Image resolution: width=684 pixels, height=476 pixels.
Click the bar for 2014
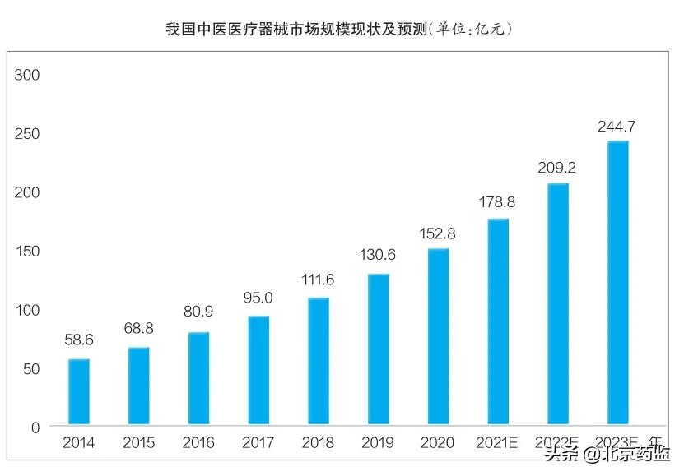[79, 392]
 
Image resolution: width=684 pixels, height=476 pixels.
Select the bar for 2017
[258, 371]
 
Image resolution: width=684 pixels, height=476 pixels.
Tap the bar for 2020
[438, 337]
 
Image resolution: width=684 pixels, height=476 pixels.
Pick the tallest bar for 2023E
[617, 284]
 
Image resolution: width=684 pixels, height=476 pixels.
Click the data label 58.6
[79, 339]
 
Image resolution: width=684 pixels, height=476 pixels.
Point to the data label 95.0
[258, 298]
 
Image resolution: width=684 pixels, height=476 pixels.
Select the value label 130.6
[378, 255]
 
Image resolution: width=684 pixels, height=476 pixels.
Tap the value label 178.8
[497, 201]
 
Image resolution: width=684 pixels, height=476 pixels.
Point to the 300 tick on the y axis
[28, 75]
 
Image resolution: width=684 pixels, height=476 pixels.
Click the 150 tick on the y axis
[28, 251]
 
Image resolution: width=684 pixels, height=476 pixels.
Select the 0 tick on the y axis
[35, 427]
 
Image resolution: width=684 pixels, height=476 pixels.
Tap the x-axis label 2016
[198, 443]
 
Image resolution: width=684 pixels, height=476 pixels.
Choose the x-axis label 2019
[378, 443]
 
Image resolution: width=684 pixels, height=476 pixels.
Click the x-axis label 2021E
[497, 443]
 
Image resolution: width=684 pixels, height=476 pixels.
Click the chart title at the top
[296, 30]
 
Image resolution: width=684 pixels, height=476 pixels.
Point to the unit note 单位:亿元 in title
[472, 30]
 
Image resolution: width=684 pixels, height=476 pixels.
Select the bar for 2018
[318, 362]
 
